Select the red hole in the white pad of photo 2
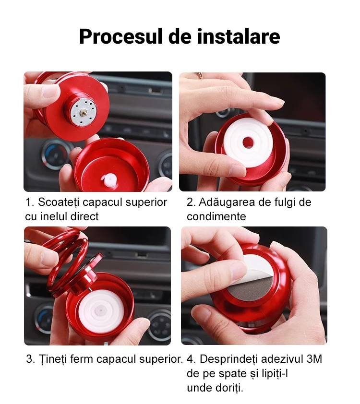(248, 142)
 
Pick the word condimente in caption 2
(216, 216)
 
